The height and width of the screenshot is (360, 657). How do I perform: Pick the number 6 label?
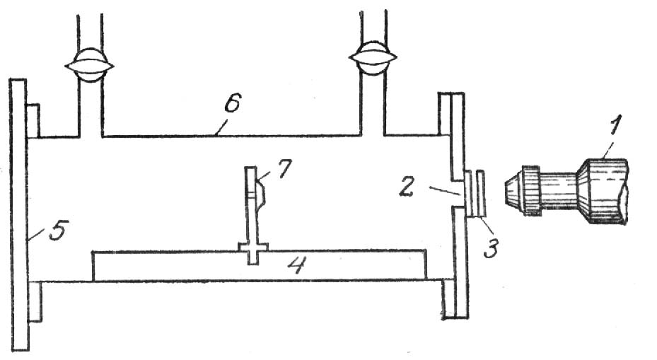tap(232, 105)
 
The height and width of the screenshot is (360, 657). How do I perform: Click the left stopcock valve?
tap(90, 64)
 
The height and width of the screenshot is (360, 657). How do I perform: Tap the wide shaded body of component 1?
tap(603, 190)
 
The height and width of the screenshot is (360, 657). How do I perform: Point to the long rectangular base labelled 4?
tap(177, 265)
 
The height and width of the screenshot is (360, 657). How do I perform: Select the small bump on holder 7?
tap(259, 193)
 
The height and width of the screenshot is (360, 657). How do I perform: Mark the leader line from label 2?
tap(444, 190)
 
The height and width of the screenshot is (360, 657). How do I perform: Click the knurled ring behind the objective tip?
tap(531, 189)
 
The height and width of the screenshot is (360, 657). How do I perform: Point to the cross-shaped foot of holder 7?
tap(253, 250)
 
